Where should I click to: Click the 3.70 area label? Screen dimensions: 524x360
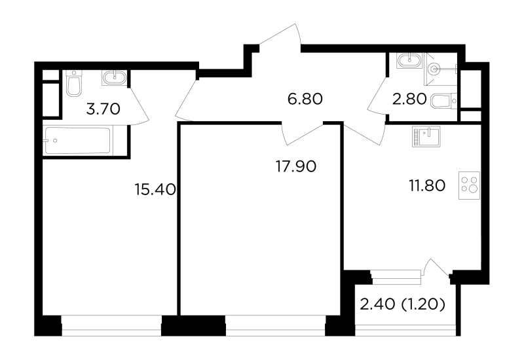coord(103,109)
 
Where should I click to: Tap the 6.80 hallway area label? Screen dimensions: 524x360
coord(305,99)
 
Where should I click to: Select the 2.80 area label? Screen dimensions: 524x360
coord(409,99)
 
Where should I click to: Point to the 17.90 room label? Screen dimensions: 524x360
coord(296,166)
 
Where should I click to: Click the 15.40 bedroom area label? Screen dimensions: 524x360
coord(155,190)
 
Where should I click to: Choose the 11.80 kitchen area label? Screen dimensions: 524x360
coord(427,186)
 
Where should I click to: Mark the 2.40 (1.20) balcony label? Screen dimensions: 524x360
coord(403,304)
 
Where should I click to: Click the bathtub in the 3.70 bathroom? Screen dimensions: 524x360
coord(77,141)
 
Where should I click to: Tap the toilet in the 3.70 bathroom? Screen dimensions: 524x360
coord(74,83)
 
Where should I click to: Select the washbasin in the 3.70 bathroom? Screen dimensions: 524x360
coord(114,78)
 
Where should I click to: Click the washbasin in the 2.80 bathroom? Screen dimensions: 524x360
coord(410,61)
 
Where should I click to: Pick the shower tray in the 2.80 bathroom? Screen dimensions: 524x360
coord(441,69)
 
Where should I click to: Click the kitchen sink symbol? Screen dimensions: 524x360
coord(426,136)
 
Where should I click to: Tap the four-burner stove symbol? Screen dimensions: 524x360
coord(469,186)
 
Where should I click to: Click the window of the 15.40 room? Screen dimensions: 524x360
coord(111,325)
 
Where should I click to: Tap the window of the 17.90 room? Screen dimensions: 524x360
coord(275,325)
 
